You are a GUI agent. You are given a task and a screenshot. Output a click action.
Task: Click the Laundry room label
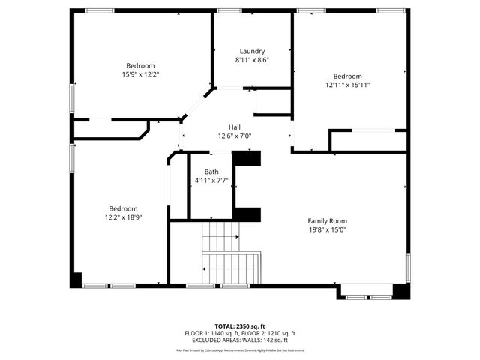tap(252, 51)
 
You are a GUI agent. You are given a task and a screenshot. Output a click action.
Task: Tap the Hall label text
tap(235, 127)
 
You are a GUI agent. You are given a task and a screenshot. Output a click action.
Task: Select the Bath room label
tap(211, 172)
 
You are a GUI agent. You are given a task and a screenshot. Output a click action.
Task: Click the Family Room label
tap(327, 221)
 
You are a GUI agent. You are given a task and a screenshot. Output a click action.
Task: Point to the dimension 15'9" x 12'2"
tap(140, 74)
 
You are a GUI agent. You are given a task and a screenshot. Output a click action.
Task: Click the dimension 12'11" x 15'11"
tap(347, 85)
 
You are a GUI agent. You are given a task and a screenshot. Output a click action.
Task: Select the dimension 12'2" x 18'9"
tap(123, 217)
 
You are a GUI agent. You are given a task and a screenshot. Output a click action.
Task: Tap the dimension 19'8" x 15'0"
tap(327, 230)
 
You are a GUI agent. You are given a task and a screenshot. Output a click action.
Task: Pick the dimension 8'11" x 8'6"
tap(252, 60)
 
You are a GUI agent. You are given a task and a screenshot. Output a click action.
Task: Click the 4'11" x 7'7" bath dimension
tap(211, 181)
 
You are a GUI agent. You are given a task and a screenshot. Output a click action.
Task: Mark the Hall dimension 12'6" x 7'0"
tap(235, 136)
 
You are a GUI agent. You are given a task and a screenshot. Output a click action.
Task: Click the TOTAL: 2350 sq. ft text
tap(239, 326)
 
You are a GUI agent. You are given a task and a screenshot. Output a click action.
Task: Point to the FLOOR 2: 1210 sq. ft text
tap(268, 333)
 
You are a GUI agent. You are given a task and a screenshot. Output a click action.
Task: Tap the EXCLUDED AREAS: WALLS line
tap(240, 340)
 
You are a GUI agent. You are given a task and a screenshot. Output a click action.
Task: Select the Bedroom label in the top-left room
tap(140, 65)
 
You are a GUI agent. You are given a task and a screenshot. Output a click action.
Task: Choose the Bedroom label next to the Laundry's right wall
tap(347, 76)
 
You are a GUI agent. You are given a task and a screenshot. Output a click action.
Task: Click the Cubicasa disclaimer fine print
tap(240, 349)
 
